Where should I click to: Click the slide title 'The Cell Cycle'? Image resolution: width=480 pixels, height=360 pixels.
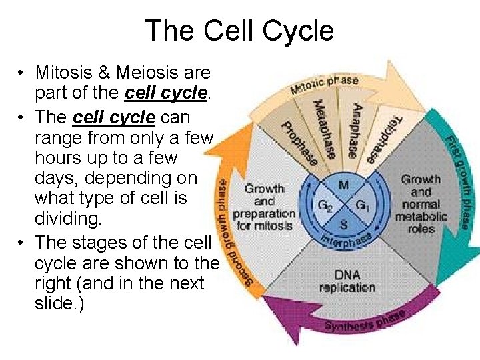click(x=239, y=31)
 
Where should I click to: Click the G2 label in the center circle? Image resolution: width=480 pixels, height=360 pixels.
click(x=325, y=205)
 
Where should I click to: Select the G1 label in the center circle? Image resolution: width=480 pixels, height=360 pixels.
click(x=362, y=205)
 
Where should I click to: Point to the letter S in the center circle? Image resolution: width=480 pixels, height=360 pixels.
click(x=343, y=223)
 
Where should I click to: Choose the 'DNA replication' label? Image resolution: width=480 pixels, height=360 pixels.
click(x=347, y=281)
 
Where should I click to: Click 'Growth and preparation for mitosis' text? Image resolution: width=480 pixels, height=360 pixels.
click(x=265, y=207)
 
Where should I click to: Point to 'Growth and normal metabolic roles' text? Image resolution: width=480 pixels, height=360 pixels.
click(x=421, y=204)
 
